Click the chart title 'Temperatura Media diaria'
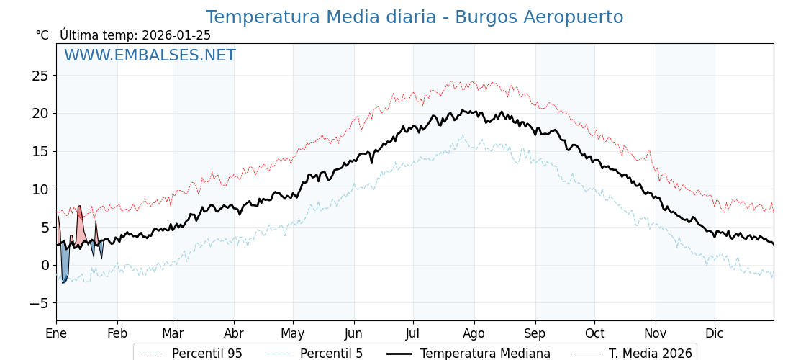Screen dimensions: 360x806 click(321, 17)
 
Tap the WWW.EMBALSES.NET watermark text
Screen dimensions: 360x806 click(150, 55)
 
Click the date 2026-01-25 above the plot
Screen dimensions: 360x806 click(176, 35)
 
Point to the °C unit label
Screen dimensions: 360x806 click(42, 35)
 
